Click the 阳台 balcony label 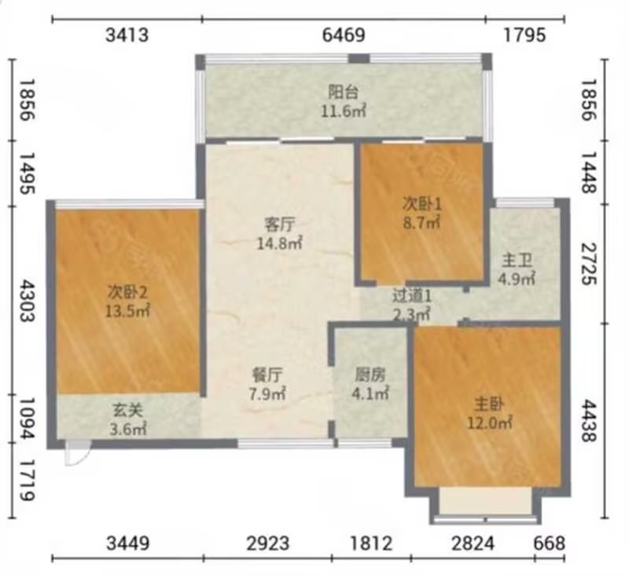coord(343,93)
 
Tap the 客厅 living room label coord(280,225)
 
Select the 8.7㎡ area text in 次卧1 coord(421,222)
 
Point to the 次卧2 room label coord(127,293)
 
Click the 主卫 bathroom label coord(517,261)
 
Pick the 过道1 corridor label coord(412,296)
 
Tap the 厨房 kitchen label coord(370,375)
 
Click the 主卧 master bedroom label coord(489,404)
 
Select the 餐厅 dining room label coord(267,375)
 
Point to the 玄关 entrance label coord(127,410)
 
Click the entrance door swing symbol coord(77,453)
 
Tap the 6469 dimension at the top coord(344,35)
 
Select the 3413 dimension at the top coord(127,35)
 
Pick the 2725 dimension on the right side coord(589,264)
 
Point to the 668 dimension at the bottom coord(549,543)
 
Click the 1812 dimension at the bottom coord(371,543)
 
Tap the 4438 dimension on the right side coord(589,421)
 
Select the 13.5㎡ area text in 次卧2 coord(127,310)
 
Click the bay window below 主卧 coord(485,506)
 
